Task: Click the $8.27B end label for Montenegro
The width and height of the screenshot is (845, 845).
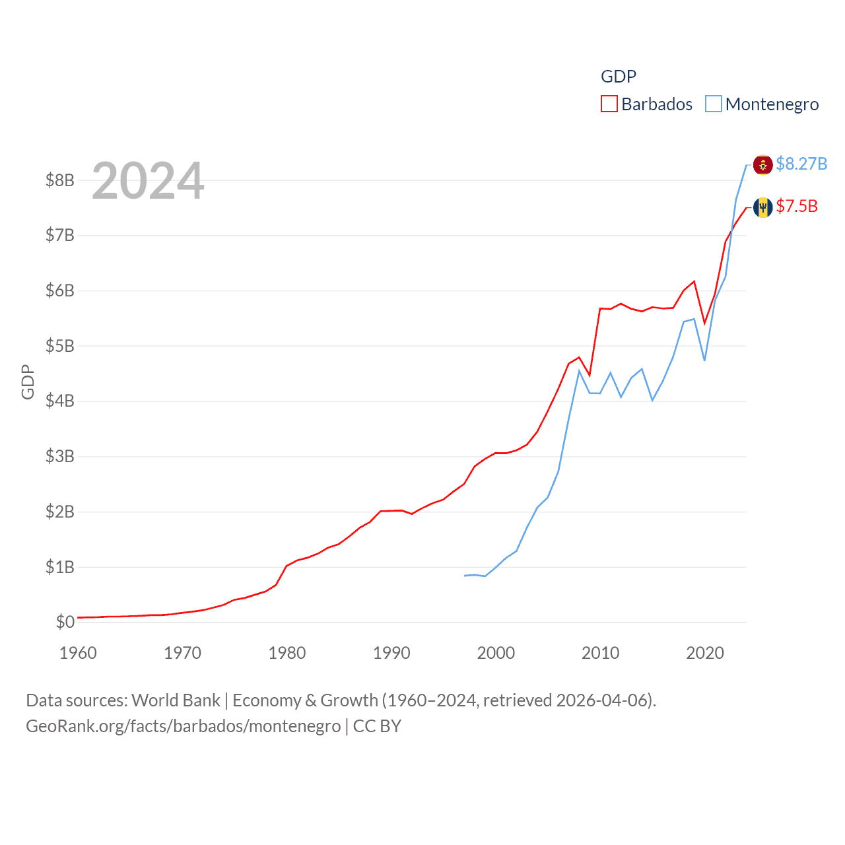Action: click(801, 164)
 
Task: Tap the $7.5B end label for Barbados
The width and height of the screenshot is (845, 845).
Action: click(796, 207)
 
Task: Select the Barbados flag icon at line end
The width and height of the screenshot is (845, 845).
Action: click(762, 207)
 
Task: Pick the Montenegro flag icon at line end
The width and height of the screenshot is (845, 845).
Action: click(762, 164)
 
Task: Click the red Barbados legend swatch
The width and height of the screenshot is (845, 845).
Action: click(609, 104)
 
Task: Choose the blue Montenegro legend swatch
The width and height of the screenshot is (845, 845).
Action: click(713, 104)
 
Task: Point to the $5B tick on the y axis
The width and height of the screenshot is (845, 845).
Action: click(59, 346)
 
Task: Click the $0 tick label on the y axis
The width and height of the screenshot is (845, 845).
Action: click(65, 622)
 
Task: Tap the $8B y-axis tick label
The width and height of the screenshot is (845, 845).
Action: click(59, 180)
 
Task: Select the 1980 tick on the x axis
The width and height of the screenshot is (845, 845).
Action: click(287, 653)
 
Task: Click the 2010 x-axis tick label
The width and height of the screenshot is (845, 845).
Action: click(601, 653)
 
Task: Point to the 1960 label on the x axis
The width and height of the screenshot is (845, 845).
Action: click(78, 653)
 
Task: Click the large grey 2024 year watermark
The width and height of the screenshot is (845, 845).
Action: click(148, 181)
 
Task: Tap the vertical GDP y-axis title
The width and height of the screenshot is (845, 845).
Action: click(28, 382)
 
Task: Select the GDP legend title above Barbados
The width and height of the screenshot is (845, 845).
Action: click(619, 77)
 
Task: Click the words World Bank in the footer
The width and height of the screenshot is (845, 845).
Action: click(176, 700)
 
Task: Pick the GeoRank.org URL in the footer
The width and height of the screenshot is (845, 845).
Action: click(183, 726)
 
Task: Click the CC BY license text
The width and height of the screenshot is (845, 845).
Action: click(377, 726)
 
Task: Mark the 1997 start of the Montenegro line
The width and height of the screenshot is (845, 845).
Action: click(465, 576)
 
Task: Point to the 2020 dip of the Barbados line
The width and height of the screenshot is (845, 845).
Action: click(704, 323)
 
